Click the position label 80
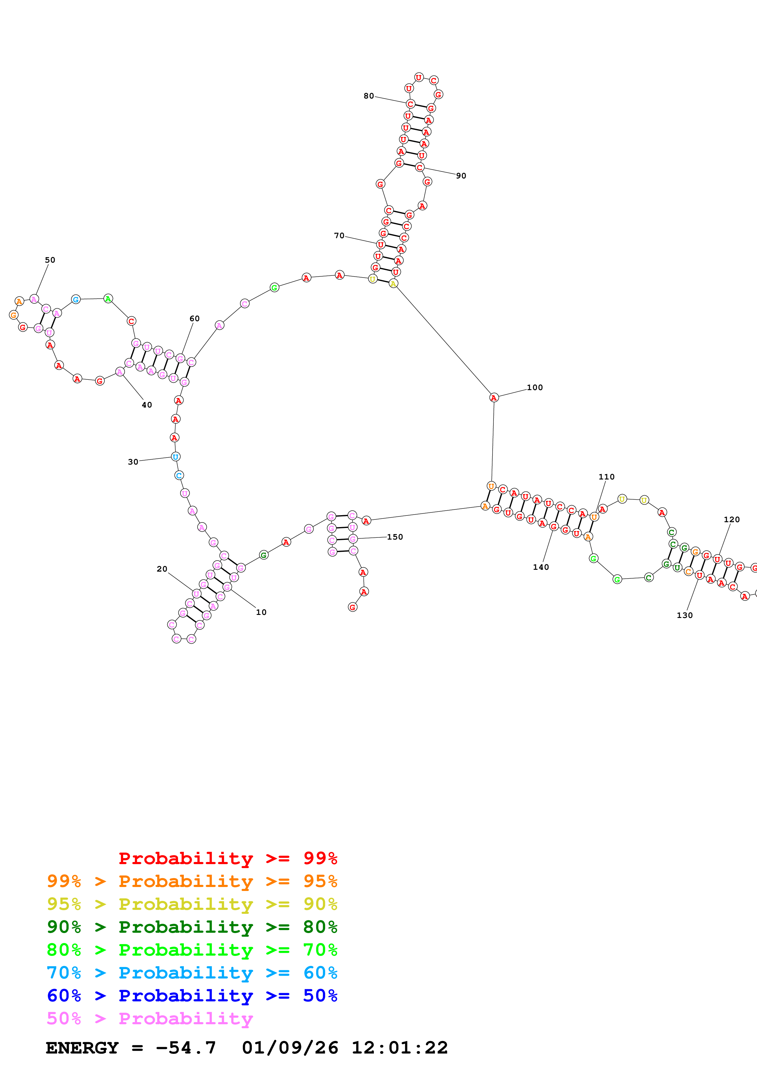click(369, 96)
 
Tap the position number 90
click(461, 176)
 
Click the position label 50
click(50, 260)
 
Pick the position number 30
click(133, 462)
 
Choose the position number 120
click(731, 520)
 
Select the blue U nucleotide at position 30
click(175, 457)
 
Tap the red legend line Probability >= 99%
click(227, 858)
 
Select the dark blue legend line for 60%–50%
click(192, 996)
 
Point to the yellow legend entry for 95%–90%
click(192, 904)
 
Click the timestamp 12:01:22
click(399, 1048)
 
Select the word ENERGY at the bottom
click(82, 1048)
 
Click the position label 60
click(195, 319)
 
